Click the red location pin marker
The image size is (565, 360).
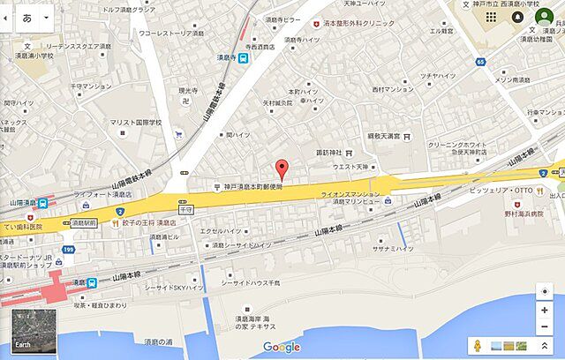pos(282,169)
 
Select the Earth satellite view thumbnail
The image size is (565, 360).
pos(34,331)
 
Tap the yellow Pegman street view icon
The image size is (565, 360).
pos(478,346)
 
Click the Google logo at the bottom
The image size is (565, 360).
pos(282,347)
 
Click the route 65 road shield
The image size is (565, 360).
pos(479,62)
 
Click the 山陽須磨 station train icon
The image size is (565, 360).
pos(43,202)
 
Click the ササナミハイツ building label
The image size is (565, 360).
pos(392,250)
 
